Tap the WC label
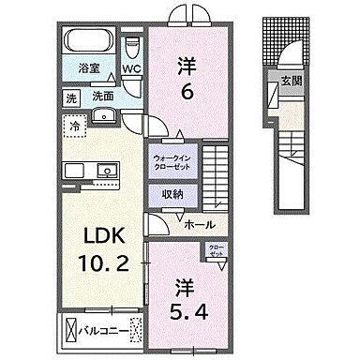pyautogui.click(x=130, y=68)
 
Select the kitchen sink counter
pyautogui.click(x=91, y=171)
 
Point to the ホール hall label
pyautogui.click(x=200, y=225)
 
